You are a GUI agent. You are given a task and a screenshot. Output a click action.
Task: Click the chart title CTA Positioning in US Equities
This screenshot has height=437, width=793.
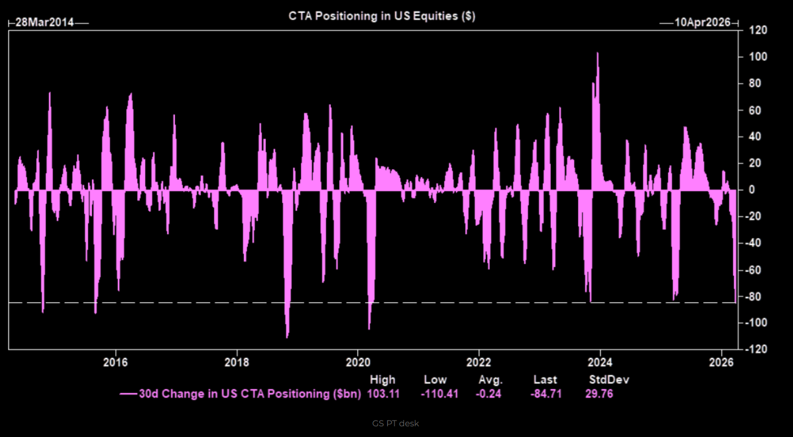382,16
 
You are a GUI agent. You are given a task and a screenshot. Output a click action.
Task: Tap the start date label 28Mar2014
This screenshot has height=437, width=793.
44,23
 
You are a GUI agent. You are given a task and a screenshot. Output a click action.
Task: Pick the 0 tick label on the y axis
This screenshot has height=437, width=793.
752,190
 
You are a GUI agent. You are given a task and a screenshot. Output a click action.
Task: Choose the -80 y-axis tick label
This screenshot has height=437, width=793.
756,297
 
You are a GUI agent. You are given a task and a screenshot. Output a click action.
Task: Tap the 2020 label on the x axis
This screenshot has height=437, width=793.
358,361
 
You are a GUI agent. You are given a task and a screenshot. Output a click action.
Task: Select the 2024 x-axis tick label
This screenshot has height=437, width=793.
601,361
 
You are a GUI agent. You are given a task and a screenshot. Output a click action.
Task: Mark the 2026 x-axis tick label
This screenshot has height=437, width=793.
722,361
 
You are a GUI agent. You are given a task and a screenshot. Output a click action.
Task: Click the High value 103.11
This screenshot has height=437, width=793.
383,394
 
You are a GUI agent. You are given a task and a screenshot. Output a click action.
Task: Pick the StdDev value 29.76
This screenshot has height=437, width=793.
599,394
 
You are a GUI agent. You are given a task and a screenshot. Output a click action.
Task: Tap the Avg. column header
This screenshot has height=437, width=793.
490,380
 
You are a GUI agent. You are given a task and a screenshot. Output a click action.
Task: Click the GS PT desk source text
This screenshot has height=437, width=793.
396,423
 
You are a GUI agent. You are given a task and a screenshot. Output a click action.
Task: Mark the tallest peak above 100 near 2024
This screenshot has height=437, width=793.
598,54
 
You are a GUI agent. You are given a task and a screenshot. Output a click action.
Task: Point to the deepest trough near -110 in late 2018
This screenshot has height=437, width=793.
287,337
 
